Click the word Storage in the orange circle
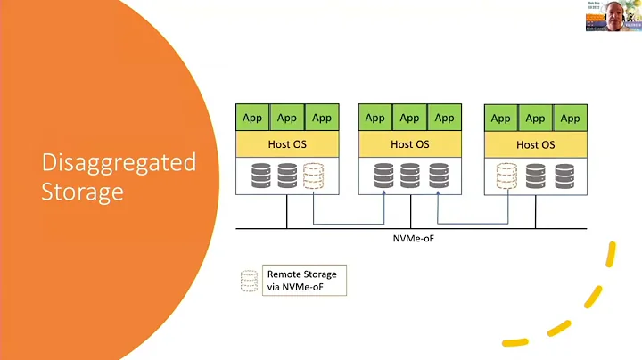[x=82, y=191]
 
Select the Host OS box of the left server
[x=285, y=143]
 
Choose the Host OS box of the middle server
[x=409, y=143]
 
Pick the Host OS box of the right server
[x=535, y=143]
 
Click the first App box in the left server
[x=251, y=118]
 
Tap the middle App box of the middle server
[x=409, y=118]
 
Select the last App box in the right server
[x=570, y=118]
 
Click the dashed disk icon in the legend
[x=249, y=281]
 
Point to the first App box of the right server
[x=501, y=118]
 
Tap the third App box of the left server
[x=321, y=118]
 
